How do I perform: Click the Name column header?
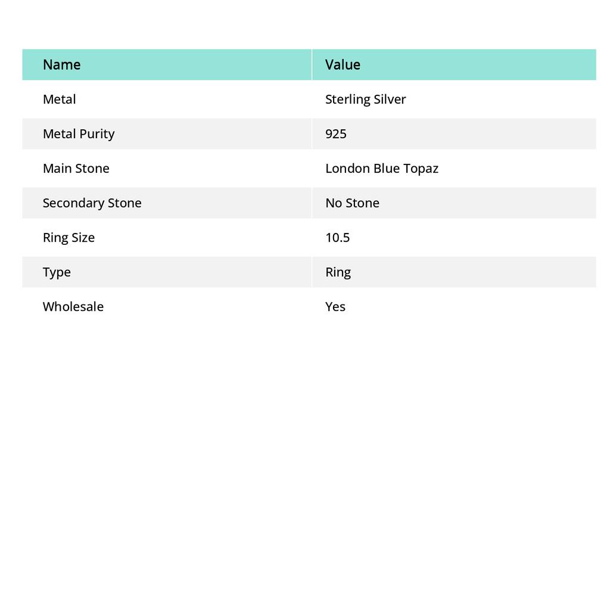tap(61, 64)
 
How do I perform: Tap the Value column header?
tap(343, 64)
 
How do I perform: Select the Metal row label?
tap(59, 99)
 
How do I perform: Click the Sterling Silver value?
tap(365, 99)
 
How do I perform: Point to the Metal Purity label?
tap(78, 133)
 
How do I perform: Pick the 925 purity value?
tap(336, 133)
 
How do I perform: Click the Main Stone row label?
tap(76, 168)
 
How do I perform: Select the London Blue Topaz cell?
tap(381, 168)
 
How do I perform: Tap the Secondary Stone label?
tap(92, 203)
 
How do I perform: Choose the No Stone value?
tap(352, 203)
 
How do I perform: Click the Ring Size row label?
tap(69, 237)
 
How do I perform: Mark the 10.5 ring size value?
tap(337, 237)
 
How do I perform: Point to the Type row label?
tap(57, 272)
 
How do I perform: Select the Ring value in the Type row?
tap(338, 272)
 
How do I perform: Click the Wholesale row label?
tap(73, 306)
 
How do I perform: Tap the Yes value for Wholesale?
tap(335, 306)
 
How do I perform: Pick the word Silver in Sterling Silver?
tap(390, 99)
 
